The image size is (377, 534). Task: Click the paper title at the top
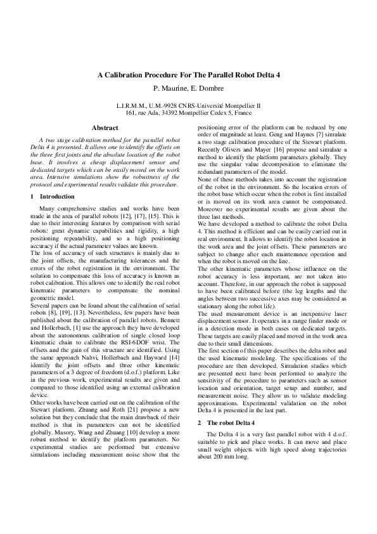click(188, 75)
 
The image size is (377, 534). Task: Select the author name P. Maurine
click(169, 87)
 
